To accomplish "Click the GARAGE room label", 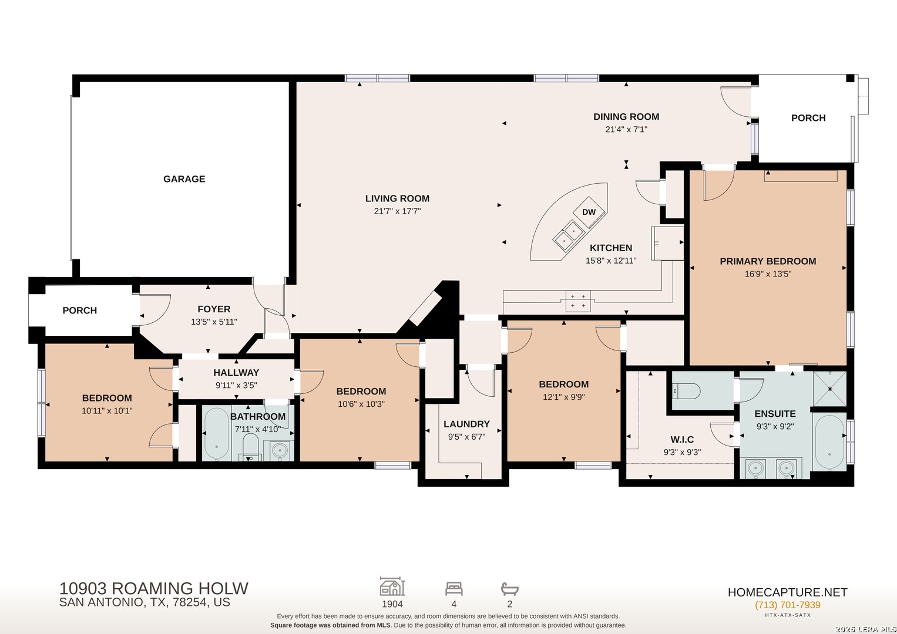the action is pos(184,179).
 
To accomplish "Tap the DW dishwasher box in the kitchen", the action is pos(589,212).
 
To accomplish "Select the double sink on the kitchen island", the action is pos(569,236).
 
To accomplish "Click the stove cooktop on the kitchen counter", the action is pos(578,301).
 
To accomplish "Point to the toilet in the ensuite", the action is pos(686,390).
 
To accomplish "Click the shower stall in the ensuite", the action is pos(829,389).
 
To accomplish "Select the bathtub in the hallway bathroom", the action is pos(217,433).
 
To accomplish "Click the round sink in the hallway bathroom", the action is pos(279,451).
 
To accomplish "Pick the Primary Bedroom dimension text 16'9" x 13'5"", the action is pos(768,274).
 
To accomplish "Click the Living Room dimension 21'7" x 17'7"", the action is pos(397,211).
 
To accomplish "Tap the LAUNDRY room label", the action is pos(466,424).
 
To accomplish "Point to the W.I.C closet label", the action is pos(682,440).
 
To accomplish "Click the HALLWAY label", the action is pos(236,373).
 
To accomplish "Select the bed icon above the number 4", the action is pos(453,589).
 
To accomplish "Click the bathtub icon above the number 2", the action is pos(509,589).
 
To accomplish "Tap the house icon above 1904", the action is pos(392,586).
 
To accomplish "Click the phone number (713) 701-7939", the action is pos(788,605).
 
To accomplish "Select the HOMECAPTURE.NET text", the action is pos(788,592).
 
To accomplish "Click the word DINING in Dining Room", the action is pos(609,117).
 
